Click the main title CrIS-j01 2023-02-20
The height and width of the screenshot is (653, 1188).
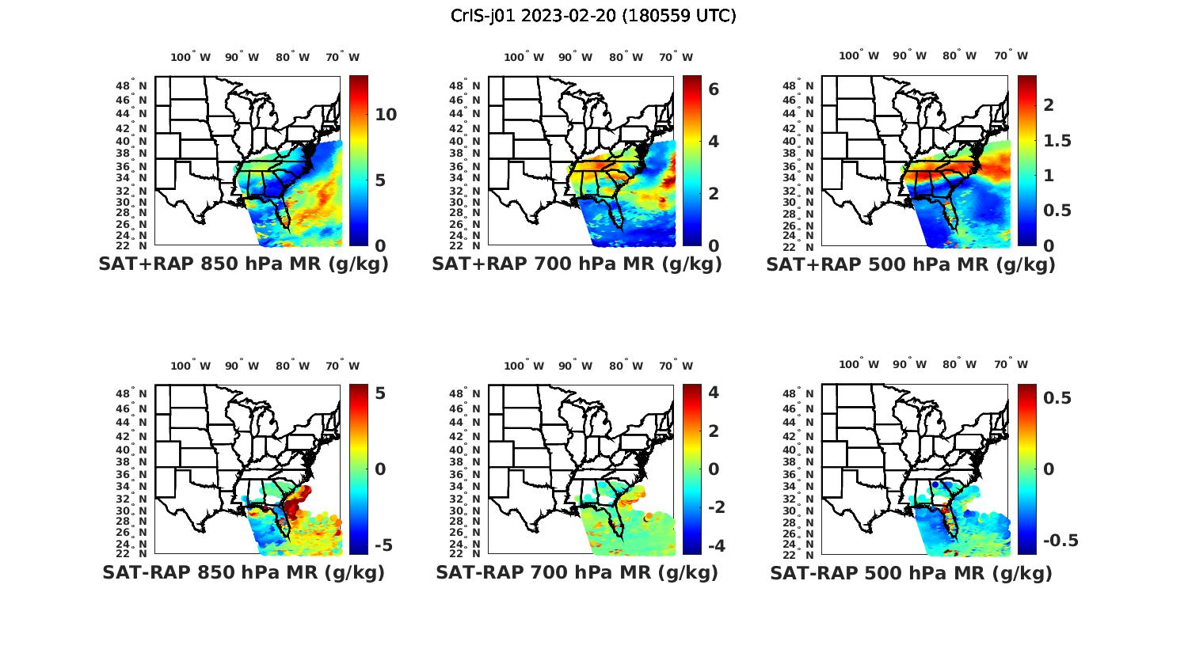593,16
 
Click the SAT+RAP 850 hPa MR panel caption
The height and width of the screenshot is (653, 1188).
243,264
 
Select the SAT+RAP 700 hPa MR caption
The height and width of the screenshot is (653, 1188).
577,264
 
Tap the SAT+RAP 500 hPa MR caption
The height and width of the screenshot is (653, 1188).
911,264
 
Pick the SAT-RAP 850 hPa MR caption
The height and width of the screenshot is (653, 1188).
243,572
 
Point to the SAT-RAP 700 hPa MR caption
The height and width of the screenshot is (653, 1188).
577,572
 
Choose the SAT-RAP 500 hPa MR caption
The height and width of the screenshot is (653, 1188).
911,572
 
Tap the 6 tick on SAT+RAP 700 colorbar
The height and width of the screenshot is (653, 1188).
714,89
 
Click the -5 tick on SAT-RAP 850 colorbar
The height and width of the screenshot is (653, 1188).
383,545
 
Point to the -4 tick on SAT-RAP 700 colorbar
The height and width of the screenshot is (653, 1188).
716,545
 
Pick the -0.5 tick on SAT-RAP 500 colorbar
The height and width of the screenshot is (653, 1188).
1060,541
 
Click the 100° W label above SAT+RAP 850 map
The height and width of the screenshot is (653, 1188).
191,57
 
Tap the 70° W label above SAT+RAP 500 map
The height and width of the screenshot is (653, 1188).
1011,55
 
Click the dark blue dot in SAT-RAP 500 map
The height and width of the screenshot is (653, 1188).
935,484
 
